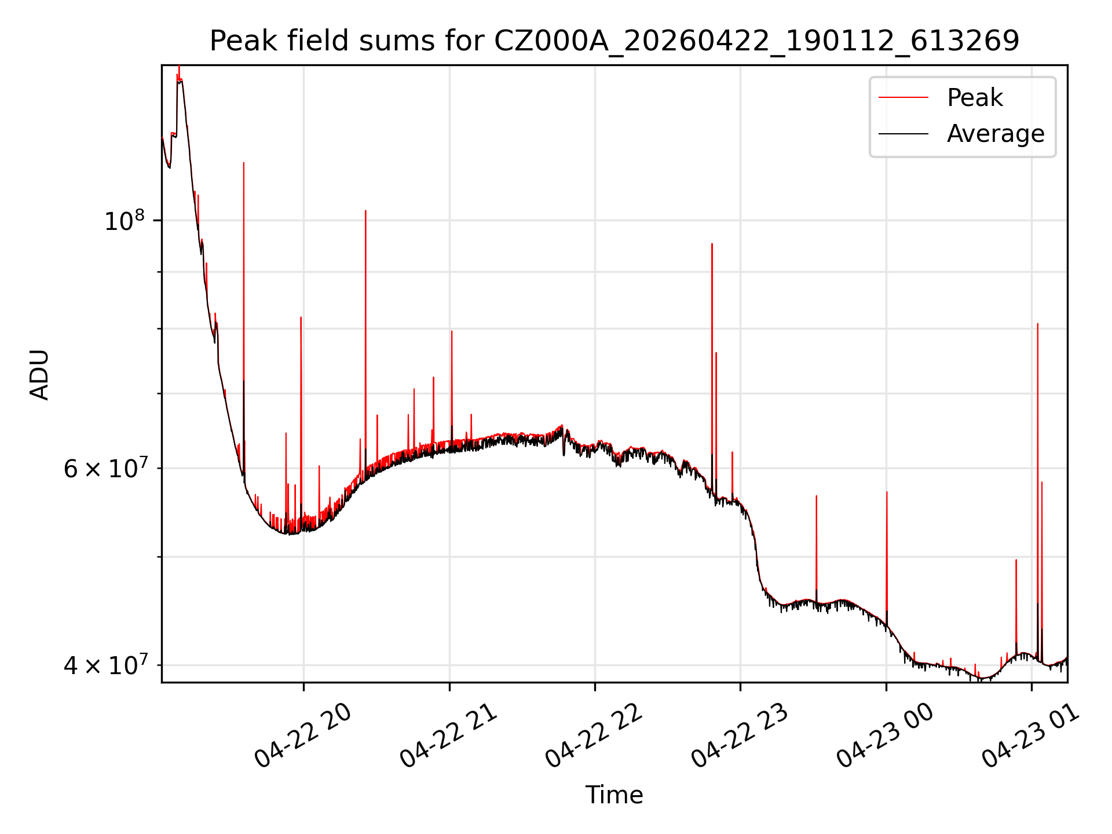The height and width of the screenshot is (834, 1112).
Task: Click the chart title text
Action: pos(614,41)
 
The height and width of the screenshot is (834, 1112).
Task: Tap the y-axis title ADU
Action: pos(39,374)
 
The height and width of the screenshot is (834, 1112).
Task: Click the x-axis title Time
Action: pos(614,795)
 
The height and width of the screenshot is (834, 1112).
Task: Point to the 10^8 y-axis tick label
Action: pos(124,220)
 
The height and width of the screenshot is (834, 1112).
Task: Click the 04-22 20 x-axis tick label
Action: pos(303,736)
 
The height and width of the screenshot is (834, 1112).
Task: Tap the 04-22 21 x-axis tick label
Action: pos(449,736)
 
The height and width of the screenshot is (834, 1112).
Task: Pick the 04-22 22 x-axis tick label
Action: pos(594,736)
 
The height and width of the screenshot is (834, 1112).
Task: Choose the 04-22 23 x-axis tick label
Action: pos(740,736)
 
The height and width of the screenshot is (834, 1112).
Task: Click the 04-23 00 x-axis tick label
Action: pos(886,736)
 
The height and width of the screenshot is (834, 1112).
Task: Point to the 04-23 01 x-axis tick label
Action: pos(1031,736)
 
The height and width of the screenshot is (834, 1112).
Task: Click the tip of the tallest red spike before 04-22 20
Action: pos(244,163)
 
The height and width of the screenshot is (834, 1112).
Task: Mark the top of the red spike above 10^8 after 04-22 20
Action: pos(365,211)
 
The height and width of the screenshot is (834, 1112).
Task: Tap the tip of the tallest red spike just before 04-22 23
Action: pos(712,244)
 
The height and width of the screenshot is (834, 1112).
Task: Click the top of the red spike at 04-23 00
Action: pos(887,492)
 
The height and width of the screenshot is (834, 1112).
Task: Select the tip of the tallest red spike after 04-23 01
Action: pos(1038,324)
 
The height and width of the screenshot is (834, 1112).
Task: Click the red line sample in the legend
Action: pos(904,97)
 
